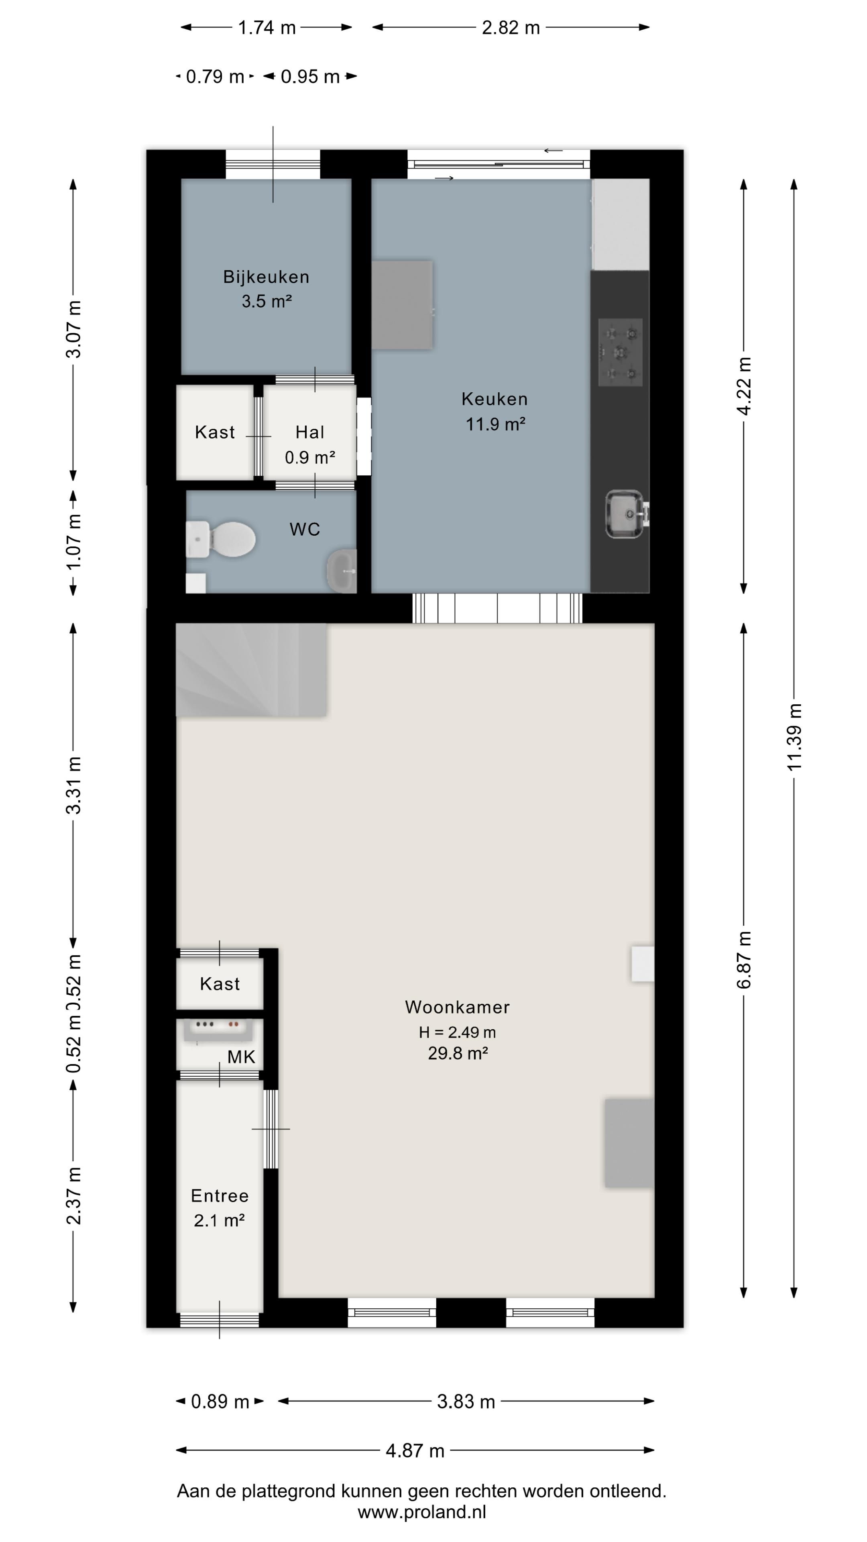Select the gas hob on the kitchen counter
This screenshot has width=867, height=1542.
tap(621, 352)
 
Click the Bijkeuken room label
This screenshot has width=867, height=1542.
tap(266, 277)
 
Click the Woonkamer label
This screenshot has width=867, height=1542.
tap(458, 1007)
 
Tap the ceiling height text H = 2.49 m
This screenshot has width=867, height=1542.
tap(458, 1032)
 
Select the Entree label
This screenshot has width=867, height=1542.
tap(220, 1195)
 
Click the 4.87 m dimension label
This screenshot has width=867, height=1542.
tap(415, 1450)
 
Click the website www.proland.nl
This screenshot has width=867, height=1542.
tap(422, 1511)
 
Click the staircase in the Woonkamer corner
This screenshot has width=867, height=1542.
tap(251, 670)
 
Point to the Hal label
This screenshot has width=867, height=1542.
tap(310, 432)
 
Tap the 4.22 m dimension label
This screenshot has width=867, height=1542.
tap(744, 386)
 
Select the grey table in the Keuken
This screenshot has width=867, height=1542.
tap(402, 305)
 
